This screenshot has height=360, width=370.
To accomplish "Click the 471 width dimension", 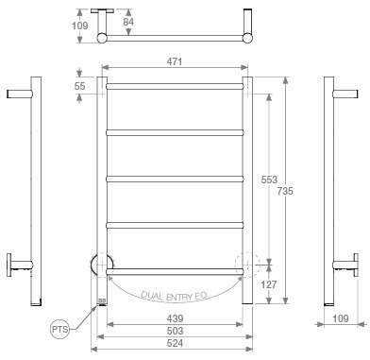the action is pyautogui.click(x=175, y=61).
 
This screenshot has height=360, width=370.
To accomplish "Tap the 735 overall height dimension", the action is pyautogui.click(x=285, y=191).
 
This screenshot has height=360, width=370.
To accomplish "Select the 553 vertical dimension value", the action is pyautogui.click(x=269, y=180).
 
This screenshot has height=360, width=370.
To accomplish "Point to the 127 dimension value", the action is pyautogui.click(x=269, y=284).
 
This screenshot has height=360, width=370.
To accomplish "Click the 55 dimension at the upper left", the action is pyautogui.click(x=79, y=86).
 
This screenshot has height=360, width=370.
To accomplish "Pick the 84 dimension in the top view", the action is pyautogui.click(x=128, y=22).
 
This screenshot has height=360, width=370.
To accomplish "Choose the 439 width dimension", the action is pyautogui.click(x=175, y=318).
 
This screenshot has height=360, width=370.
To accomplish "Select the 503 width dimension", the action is pyautogui.click(x=175, y=331).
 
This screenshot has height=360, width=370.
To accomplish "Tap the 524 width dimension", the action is pyautogui.click(x=175, y=343).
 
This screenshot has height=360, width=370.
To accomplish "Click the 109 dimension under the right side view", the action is pyautogui.click(x=341, y=318).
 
